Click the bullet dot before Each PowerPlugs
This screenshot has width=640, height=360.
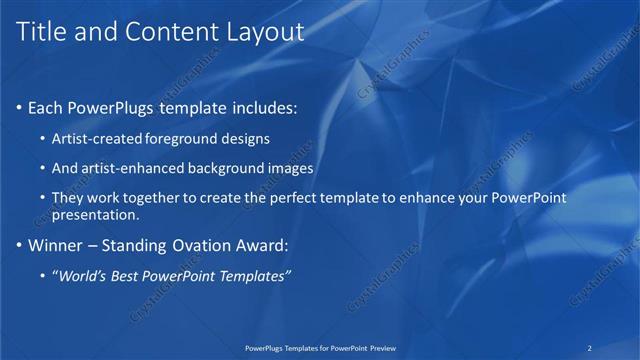21,106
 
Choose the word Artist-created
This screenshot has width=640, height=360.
95,138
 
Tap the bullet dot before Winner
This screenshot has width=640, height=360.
21,244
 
